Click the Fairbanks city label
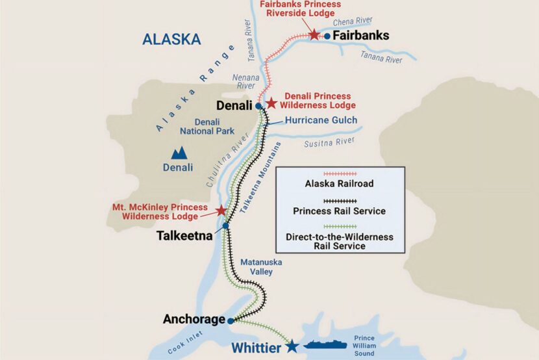(360, 36)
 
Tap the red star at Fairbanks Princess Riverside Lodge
(314, 34)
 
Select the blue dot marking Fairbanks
(328, 36)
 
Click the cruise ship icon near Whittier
(326, 346)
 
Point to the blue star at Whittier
(293, 346)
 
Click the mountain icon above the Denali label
(178, 153)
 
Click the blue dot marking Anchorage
(231, 320)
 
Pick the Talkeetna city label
(185, 236)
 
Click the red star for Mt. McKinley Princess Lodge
(221, 211)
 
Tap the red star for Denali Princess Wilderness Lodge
(271, 103)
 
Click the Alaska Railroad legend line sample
(340, 174)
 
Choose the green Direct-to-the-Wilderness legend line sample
(340, 226)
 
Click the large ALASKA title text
(171, 39)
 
